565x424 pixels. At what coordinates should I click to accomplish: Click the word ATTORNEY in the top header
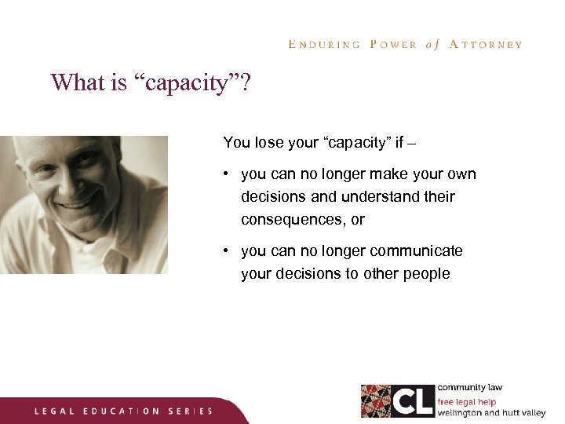(x=486, y=45)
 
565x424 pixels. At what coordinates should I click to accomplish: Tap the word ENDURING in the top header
(x=324, y=45)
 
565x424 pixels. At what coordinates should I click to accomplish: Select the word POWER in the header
(x=393, y=45)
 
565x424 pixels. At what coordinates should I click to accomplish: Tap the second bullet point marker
(x=226, y=251)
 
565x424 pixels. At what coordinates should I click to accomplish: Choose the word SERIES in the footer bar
(x=190, y=411)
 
